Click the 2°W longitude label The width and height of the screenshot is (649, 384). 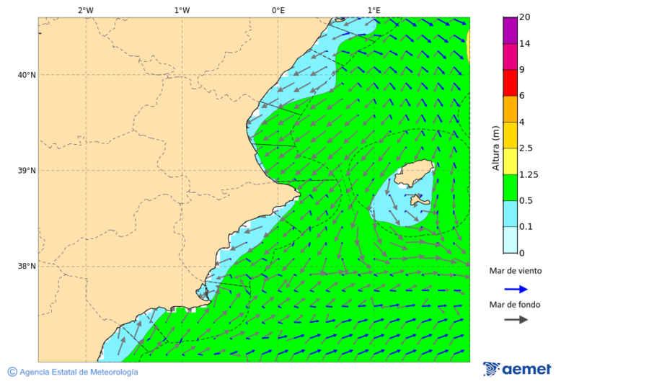86,10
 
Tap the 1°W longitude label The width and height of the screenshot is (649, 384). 182,10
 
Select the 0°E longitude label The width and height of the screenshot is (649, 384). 278,10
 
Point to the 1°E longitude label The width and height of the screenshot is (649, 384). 374,10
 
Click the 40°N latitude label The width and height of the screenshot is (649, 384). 27,75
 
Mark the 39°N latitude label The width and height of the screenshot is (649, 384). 27,171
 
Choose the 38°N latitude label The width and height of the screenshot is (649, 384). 27,267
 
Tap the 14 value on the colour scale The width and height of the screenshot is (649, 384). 525,44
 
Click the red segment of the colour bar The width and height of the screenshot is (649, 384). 511,83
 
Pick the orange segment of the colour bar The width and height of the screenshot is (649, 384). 511,109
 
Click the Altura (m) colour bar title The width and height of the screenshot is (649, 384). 495,148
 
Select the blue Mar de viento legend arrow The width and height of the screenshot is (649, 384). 516,289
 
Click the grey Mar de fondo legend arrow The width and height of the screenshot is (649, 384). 516,320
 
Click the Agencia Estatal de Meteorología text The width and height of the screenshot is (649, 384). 78,372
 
